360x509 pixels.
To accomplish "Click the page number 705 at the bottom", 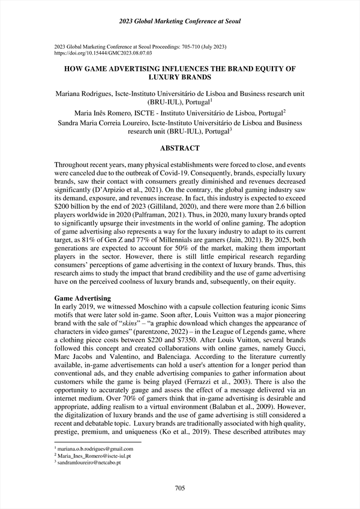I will click(179, 488).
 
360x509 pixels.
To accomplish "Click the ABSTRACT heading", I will click(180, 148).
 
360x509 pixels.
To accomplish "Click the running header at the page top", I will click(179, 22).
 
